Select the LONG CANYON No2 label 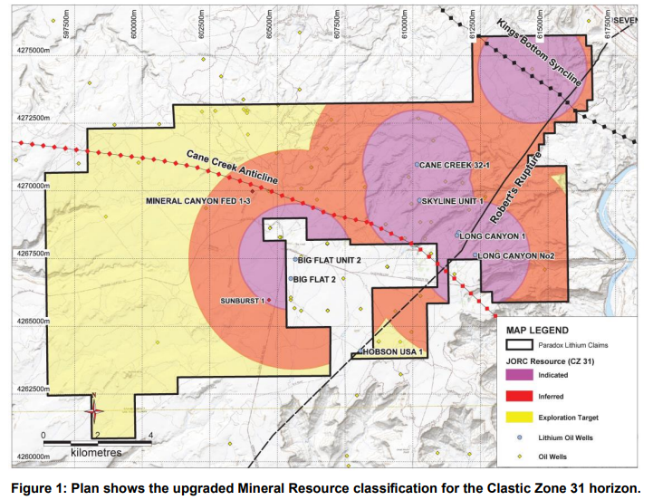(516, 256)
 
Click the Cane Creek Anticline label (232, 167)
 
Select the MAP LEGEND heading (537, 330)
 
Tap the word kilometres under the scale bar (94, 450)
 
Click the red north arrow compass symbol (93, 411)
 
